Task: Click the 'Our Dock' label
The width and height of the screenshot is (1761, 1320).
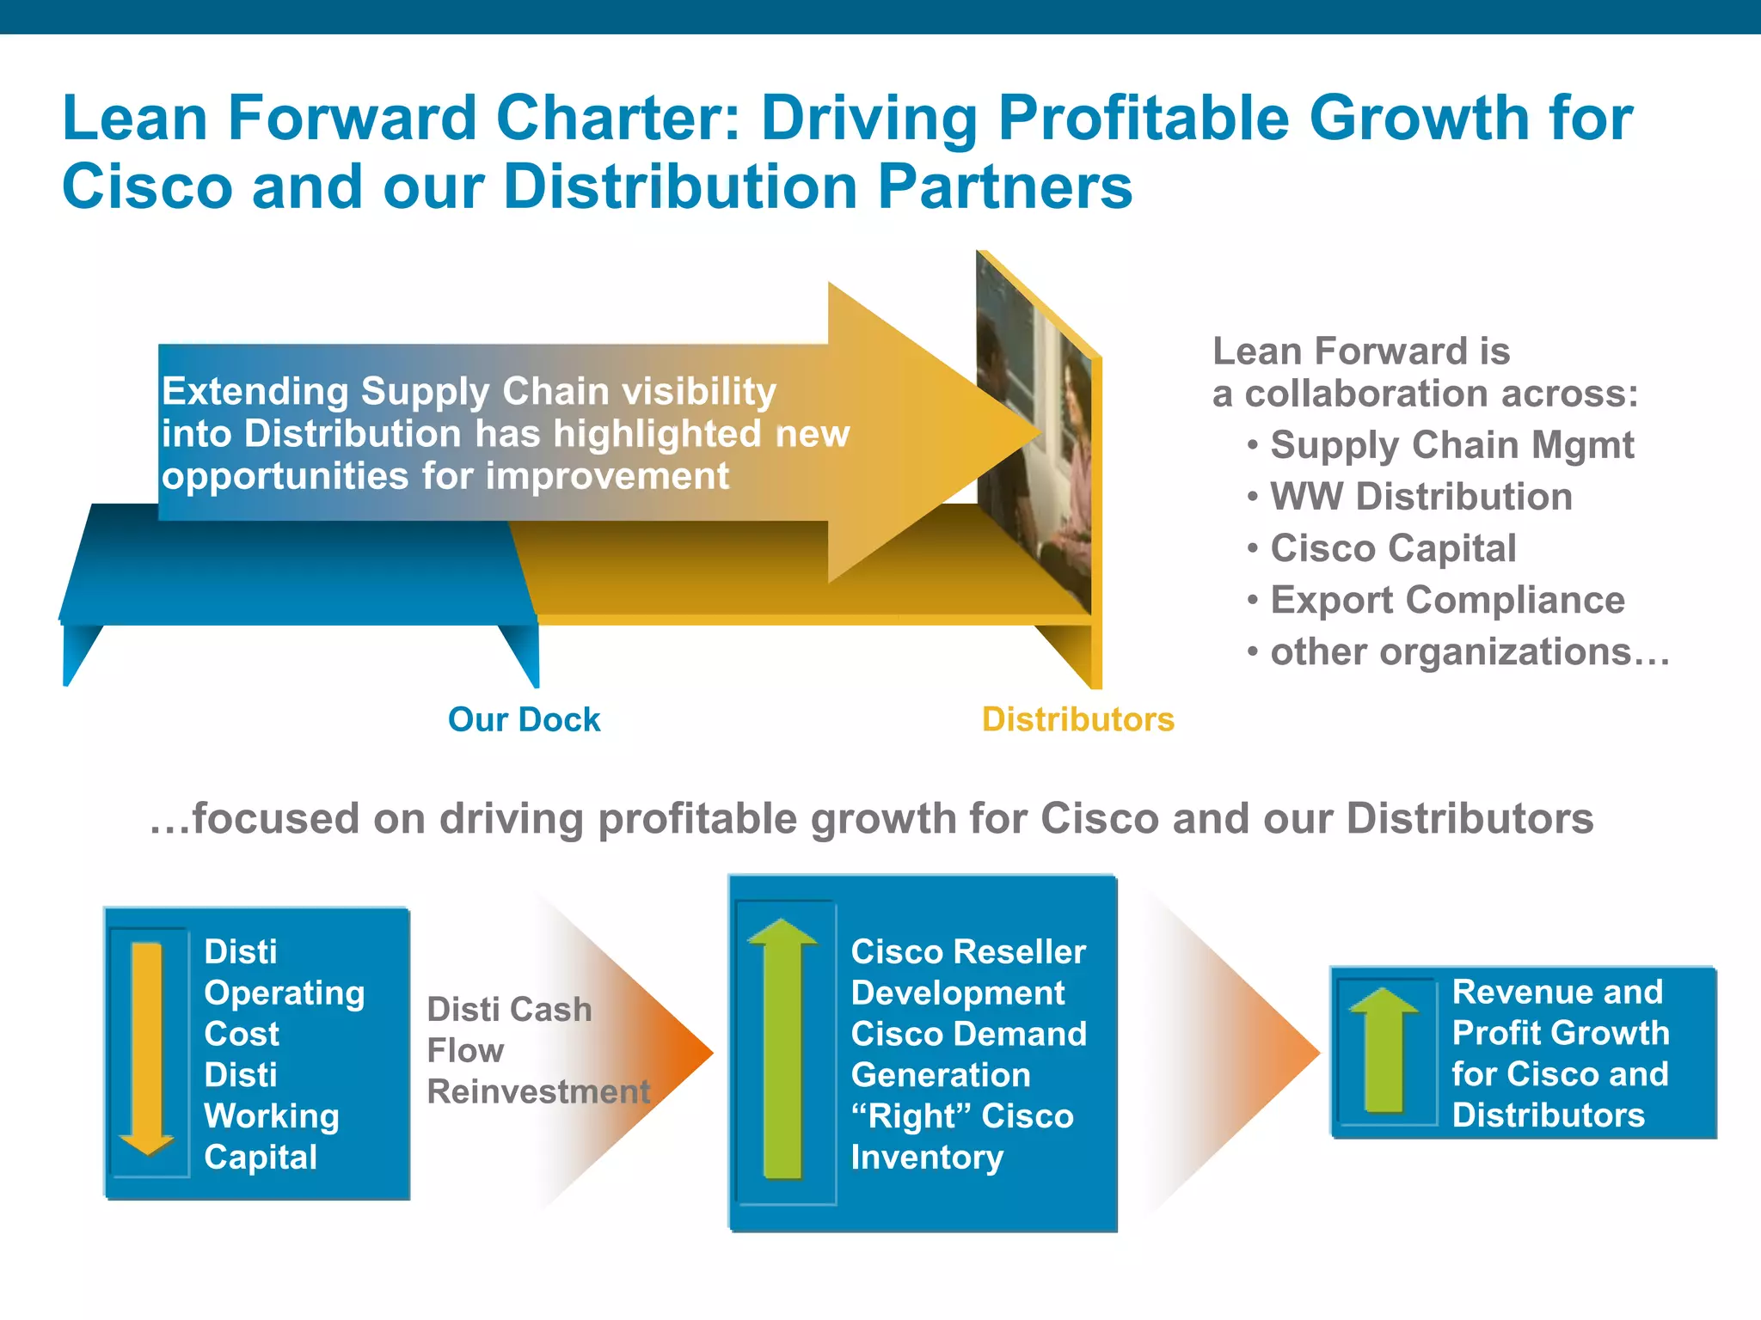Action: pyautogui.click(x=524, y=719)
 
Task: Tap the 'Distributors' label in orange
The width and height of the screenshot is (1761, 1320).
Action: pyautogui.click(x=1077, y=719)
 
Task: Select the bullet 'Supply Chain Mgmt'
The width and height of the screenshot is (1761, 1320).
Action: pyautogui.click(x=1451, y=445)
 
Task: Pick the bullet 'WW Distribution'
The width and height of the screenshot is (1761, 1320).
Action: pyautogui.click(x=1420, y=497)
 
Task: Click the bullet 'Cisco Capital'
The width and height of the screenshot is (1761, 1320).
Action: pyautogui.click(x=1393, y=548)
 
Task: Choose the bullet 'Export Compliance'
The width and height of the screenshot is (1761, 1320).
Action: pyautogui.click(x=1447, y=600)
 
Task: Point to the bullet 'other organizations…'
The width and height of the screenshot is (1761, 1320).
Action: pyautogui.click(x=1470, y=651)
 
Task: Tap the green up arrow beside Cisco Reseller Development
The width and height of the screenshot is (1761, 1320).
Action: pyautogui.click(x=782, y=1048)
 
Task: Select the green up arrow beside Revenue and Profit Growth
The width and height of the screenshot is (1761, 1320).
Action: pyautogui.click(x=1384, y=1050)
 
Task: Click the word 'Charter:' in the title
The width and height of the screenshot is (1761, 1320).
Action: pyautogui.click(x=617, y=118)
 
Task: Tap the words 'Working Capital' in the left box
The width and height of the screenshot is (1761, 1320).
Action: pyautogui.click(x=271, y=1136)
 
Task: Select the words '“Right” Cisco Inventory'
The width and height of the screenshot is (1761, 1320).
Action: pyautogui.click(x=961, y=1136)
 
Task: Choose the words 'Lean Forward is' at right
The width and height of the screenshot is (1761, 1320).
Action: pyautogui.click(x=1360, y=351)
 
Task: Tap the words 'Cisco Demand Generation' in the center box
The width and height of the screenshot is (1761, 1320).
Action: pyautogui.click(x=968, y=1054)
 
